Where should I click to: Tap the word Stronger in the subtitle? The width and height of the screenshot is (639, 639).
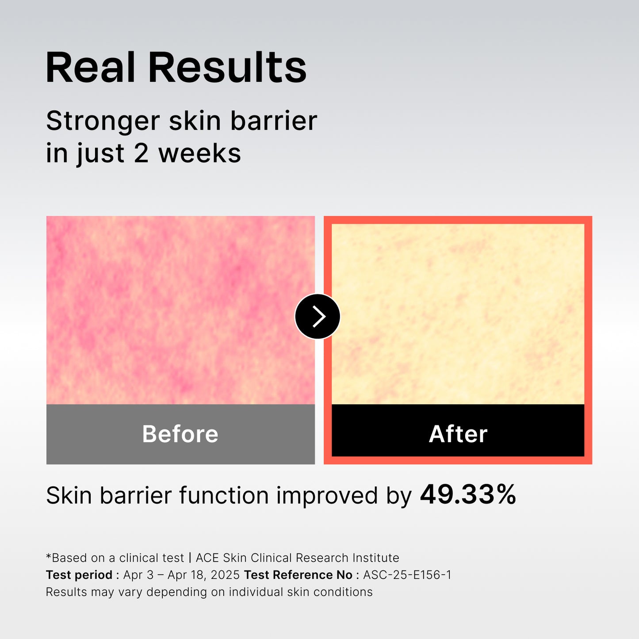point(103,122)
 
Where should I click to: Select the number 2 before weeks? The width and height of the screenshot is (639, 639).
point(141,153)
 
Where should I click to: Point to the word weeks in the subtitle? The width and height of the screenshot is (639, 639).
point(199,153)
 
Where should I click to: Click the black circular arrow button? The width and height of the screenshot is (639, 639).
point(318,316)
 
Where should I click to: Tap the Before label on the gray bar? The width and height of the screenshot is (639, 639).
point(180,434)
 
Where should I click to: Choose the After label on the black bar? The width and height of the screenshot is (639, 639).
point(458,434)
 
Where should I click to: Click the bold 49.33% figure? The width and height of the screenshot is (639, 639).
point(468,494)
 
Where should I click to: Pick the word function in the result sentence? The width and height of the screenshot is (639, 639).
point(224,496)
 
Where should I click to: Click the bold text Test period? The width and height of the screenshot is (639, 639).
point(79,575)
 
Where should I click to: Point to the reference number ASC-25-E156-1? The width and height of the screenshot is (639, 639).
point(407,575)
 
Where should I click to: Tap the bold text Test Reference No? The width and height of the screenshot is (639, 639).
point(298,575)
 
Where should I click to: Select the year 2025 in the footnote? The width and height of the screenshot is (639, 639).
point(225,575)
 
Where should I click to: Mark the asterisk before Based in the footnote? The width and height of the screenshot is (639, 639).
point(48,556)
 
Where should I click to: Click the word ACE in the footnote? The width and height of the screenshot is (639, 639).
point(207,558)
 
